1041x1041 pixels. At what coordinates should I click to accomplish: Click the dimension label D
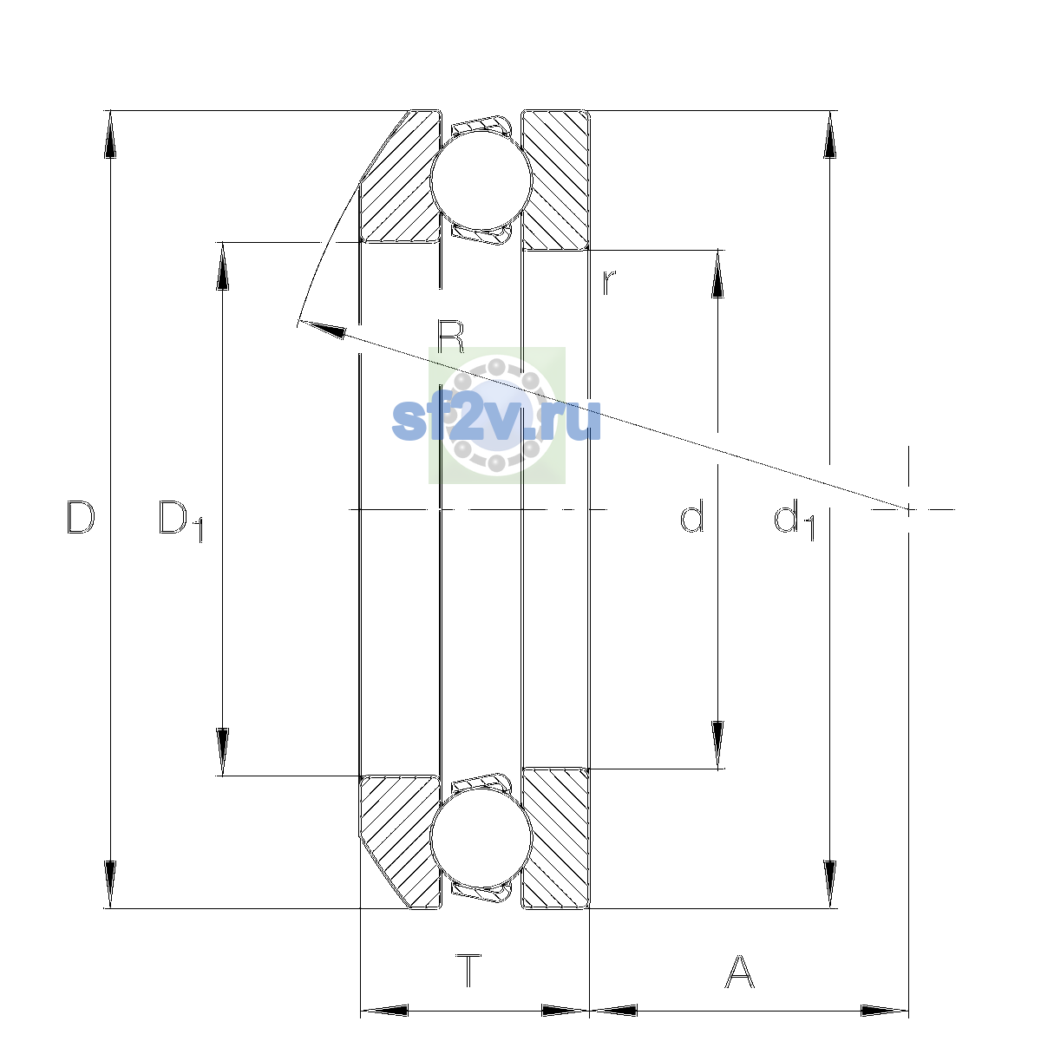click(81, 517)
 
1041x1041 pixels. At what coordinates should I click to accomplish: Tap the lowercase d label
click(691, 516)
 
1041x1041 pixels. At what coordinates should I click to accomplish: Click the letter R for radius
click(450, 337)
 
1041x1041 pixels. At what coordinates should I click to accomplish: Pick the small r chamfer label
click(609, 283)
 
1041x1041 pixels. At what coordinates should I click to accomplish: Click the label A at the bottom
click(739, 971)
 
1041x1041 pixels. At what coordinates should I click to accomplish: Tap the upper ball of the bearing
click(481, 180)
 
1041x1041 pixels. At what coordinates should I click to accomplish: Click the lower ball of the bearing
click(481, 838)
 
